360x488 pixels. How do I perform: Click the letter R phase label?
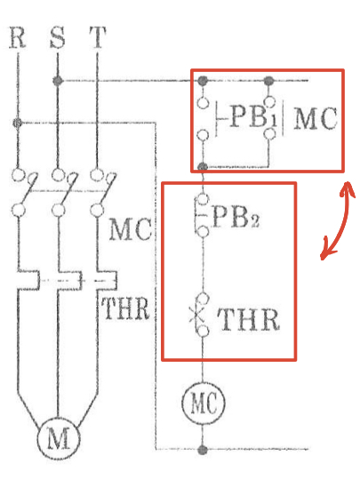pos(17,37)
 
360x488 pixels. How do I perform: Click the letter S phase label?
pos(58,37)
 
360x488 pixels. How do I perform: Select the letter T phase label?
pos(98,37)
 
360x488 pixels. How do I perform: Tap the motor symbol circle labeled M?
pos(59,438)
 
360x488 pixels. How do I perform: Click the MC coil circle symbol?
pos(203,403)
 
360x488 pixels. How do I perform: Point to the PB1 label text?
pos(252,117)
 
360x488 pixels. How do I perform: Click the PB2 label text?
pos(236,217)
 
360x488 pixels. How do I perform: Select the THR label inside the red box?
pos(248,319)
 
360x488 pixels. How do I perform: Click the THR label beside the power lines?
pos(125,308)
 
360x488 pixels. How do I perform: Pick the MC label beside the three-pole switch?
pos(131,229)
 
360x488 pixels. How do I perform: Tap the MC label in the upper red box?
pos(316,118)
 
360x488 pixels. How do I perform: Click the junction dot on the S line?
pos(58,81)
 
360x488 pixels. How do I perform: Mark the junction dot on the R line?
pos(18,123)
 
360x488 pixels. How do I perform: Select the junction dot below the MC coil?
pos(203,450)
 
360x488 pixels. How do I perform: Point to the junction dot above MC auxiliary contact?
pos(268,81)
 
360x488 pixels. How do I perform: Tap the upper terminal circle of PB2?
pos(203,199)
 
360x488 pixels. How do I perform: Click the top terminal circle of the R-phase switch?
pos(18,174)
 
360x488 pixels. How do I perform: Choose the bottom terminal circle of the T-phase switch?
pos(97,210)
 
